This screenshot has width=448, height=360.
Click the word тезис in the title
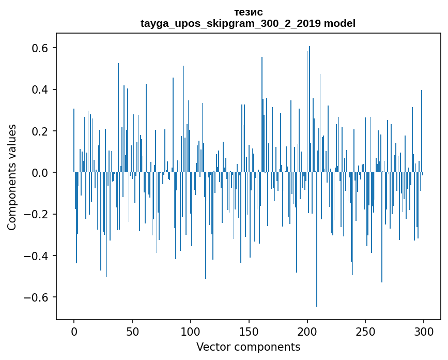pyautogui.click(x=248, y=12)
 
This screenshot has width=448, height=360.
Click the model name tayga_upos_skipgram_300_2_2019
pyautogui.click(x=230, y=24)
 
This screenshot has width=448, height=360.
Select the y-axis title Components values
pyautogui.click(x=12, y=177)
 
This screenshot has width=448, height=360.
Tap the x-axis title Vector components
pyautogui.click(x=248, y=347)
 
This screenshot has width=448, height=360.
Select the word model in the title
pyautogui.click(x=339, y=24)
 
